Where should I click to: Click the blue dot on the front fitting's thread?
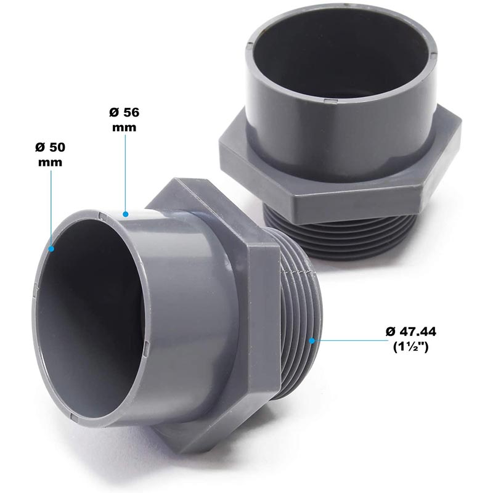click(313, 340)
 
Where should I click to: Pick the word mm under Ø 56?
click(124, 127)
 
